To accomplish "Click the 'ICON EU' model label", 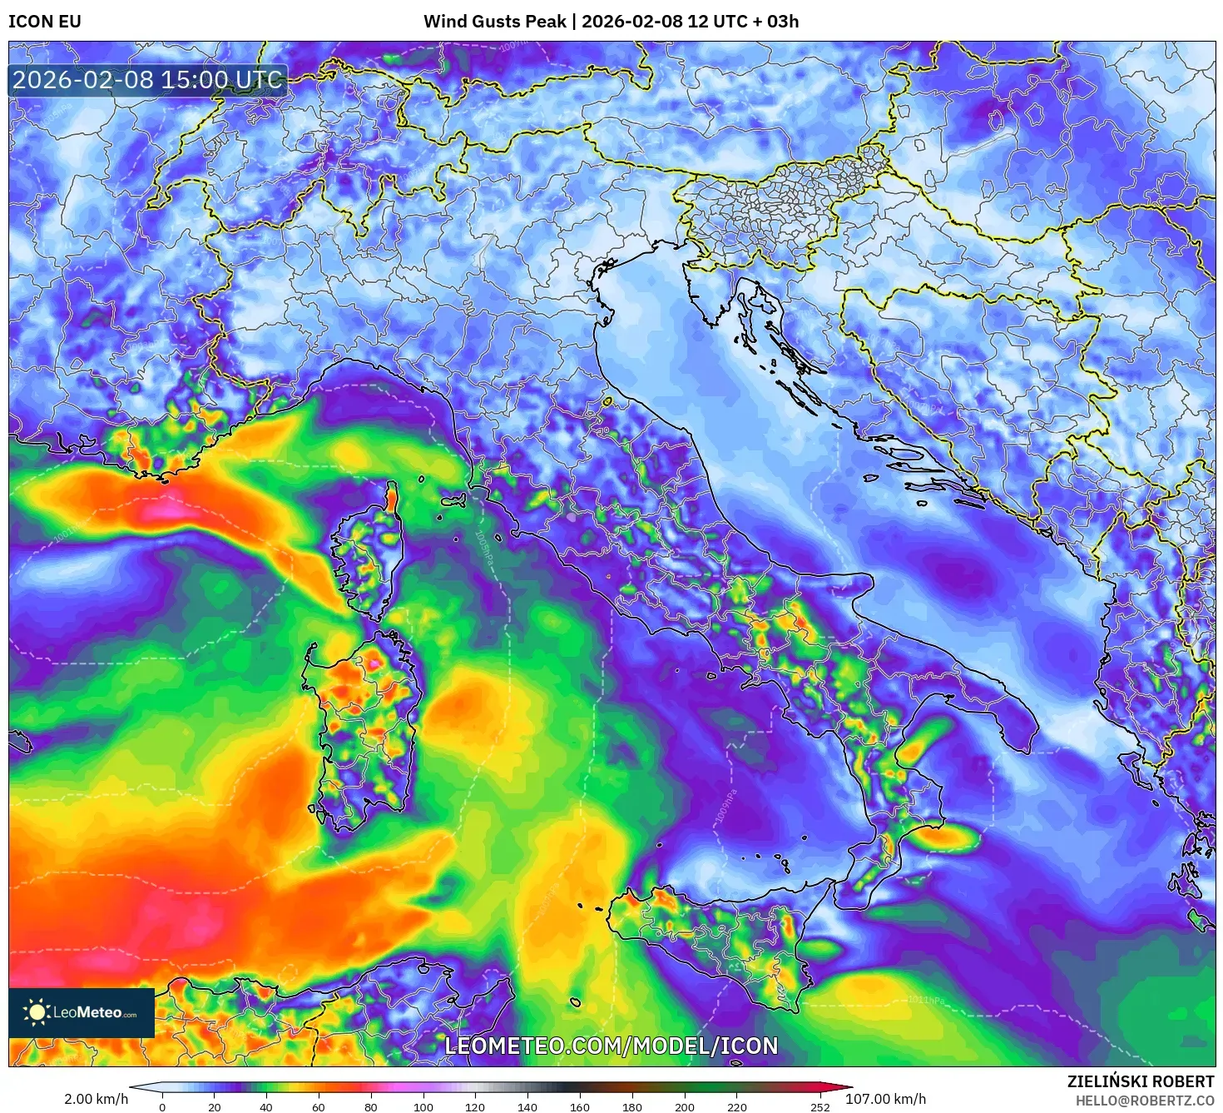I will point(45,22).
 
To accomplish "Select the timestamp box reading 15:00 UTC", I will point(148,81).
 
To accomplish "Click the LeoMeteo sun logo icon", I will point(37,1012).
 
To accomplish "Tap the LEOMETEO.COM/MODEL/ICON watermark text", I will point(611,1046).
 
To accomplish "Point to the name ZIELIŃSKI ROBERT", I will point(1141,1081).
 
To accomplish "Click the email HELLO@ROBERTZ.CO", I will point(1145,1101).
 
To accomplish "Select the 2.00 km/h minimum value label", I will point(97,1099).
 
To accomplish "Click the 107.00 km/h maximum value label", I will point(885,1099).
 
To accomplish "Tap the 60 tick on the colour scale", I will point(319,1107).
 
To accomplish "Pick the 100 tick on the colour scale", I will point(423,1107).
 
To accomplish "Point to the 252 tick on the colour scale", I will point(820,1107).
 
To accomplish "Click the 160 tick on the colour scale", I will point(580,1107).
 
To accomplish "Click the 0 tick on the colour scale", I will point(162,1107).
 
